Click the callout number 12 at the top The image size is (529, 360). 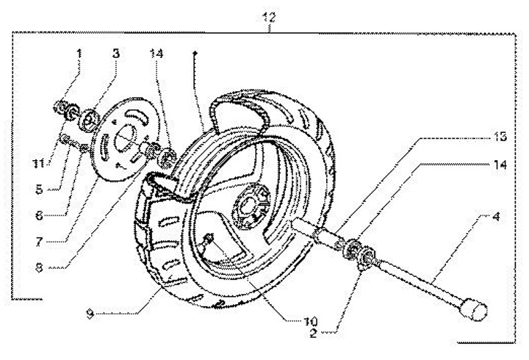point(270,17)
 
